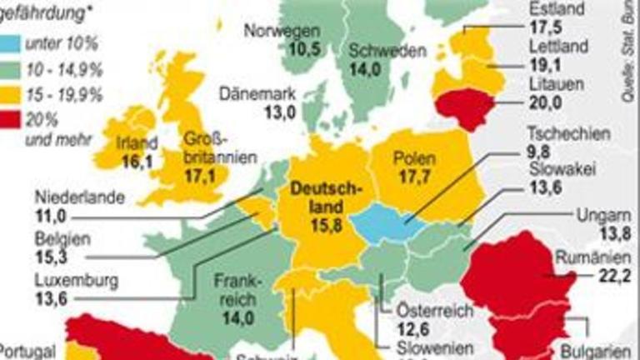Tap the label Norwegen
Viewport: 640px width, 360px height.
282,32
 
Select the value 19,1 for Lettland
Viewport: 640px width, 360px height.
547,62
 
